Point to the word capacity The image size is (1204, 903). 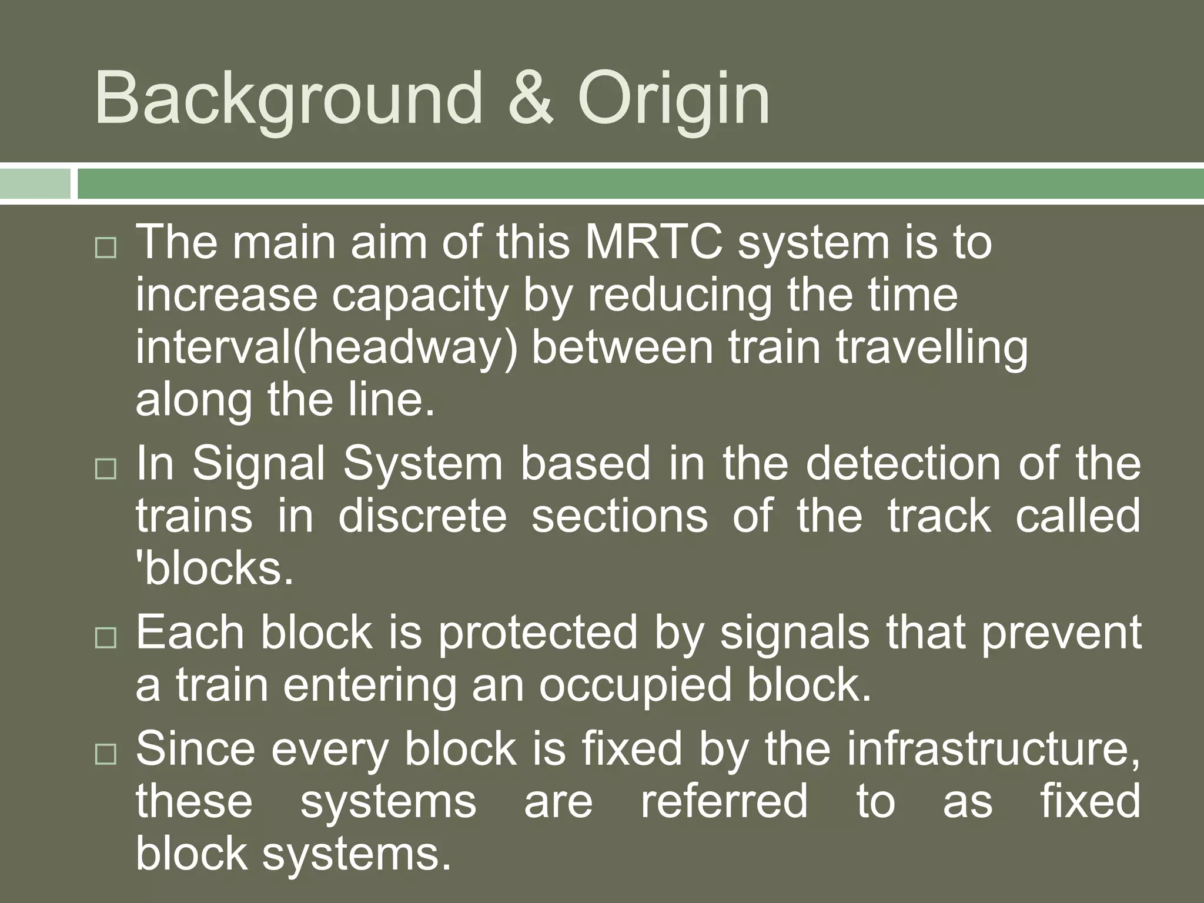[420, 295]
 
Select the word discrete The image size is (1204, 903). [422, 516]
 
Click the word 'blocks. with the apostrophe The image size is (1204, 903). [215, 568]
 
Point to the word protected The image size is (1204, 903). [538, 633]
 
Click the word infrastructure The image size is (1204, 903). [994, 749]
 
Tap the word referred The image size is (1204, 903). [724, 801]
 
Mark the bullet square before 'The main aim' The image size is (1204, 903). [106, 249]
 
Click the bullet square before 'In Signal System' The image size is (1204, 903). [106, 469]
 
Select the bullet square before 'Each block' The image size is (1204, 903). [106, 638]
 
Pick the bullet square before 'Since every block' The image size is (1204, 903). [106, 754]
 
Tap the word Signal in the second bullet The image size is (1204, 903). [259, 463]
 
